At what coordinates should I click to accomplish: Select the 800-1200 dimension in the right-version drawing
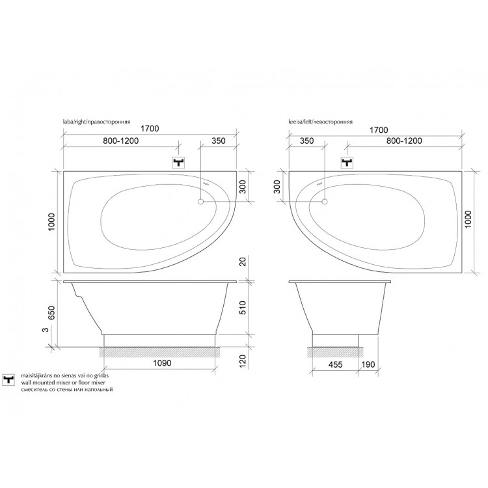coord(121,141)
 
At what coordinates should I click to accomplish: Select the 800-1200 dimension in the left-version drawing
coord(404,141)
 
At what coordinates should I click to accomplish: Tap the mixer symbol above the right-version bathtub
coord(179,163)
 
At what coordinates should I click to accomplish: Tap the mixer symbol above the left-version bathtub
coord(347,163)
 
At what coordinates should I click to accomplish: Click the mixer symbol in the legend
coord(8,380)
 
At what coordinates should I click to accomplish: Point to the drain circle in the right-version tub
coord(201,202)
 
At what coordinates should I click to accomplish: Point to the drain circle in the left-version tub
coord(325,202)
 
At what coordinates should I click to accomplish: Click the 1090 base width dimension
coord(162,363)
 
